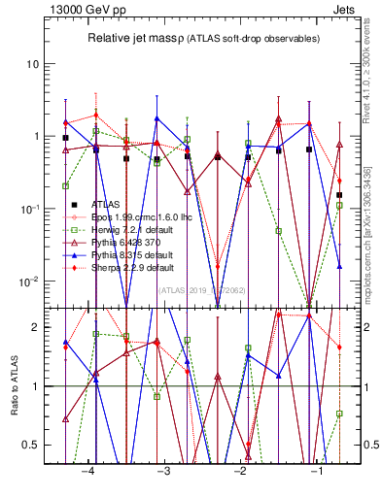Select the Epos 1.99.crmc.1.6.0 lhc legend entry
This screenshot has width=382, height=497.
126,217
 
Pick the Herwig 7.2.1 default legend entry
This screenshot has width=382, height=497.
118,230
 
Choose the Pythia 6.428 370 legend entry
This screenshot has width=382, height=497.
114,243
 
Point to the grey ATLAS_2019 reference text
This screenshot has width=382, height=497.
202,289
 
